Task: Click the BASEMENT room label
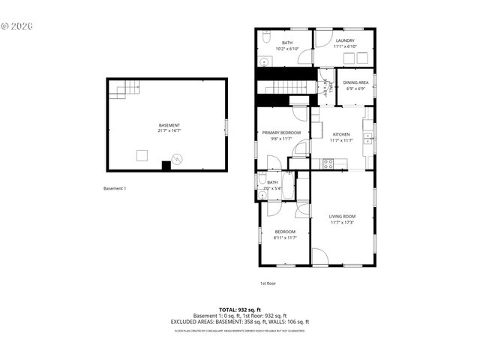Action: (x=169, y=125)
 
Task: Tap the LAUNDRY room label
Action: (x=345, y=40)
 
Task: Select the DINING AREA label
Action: (x=355, y=82)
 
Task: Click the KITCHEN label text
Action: (x=341, y=134)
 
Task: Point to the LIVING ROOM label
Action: (x=342, y=217)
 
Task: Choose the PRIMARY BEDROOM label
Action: (x=281, y=133)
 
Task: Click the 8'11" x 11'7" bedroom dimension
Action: (x=285, y=238)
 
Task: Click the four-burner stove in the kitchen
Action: (x=328, y=163)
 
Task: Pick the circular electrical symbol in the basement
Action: (x=177, y=158)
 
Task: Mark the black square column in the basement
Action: (x=166, y=165)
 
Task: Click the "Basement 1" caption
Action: (x=115, y=188)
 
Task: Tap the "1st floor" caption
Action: (x=268, y=283)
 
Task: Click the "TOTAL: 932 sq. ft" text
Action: (x=239, y=310)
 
